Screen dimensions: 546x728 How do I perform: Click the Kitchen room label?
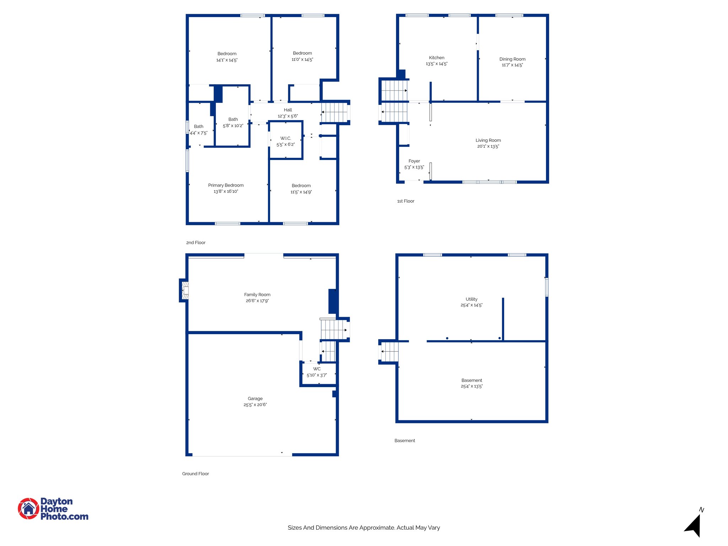pyautogui.click(x=437, y=58)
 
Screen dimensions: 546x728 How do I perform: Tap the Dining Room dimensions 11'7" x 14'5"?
pyautogui.click(x=512, y=65)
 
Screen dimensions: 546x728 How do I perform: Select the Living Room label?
pyautogui.click(x=488, y=140)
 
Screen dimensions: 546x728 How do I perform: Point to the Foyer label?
pyautogui.click(x=414, y=161)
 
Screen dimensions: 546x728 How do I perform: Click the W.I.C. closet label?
pyautogui.click(x=285, y=138)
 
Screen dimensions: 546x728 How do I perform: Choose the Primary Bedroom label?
pyautogui.click(x=226, y=185)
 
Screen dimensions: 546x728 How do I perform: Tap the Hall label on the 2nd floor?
pyautogui.click(x=288, y=110)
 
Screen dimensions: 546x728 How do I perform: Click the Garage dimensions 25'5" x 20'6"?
pyautogui.click(x=255, y=405)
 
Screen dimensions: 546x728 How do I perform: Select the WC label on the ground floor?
pyautogui.click(x=317, y=369)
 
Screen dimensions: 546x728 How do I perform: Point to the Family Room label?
pyautogui.click(x=257, y=295)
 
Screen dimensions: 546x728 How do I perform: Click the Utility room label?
pyautogui.click(x=471, y=299)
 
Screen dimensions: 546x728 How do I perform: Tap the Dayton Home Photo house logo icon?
pyautogui.click(x=28, y=508)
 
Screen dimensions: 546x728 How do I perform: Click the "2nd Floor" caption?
pyautogui.click(x=196, y=242)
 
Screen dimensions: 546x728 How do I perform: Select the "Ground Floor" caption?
pyautogui.click(x=196, y=473)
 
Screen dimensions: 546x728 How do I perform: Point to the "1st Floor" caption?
pyautogui.click(x=406, y=201)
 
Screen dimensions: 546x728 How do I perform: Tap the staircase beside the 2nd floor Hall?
pyautogui.click(x=334, y=112)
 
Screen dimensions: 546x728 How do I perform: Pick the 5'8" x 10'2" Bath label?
pyautogui.click(x=233, y=119)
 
